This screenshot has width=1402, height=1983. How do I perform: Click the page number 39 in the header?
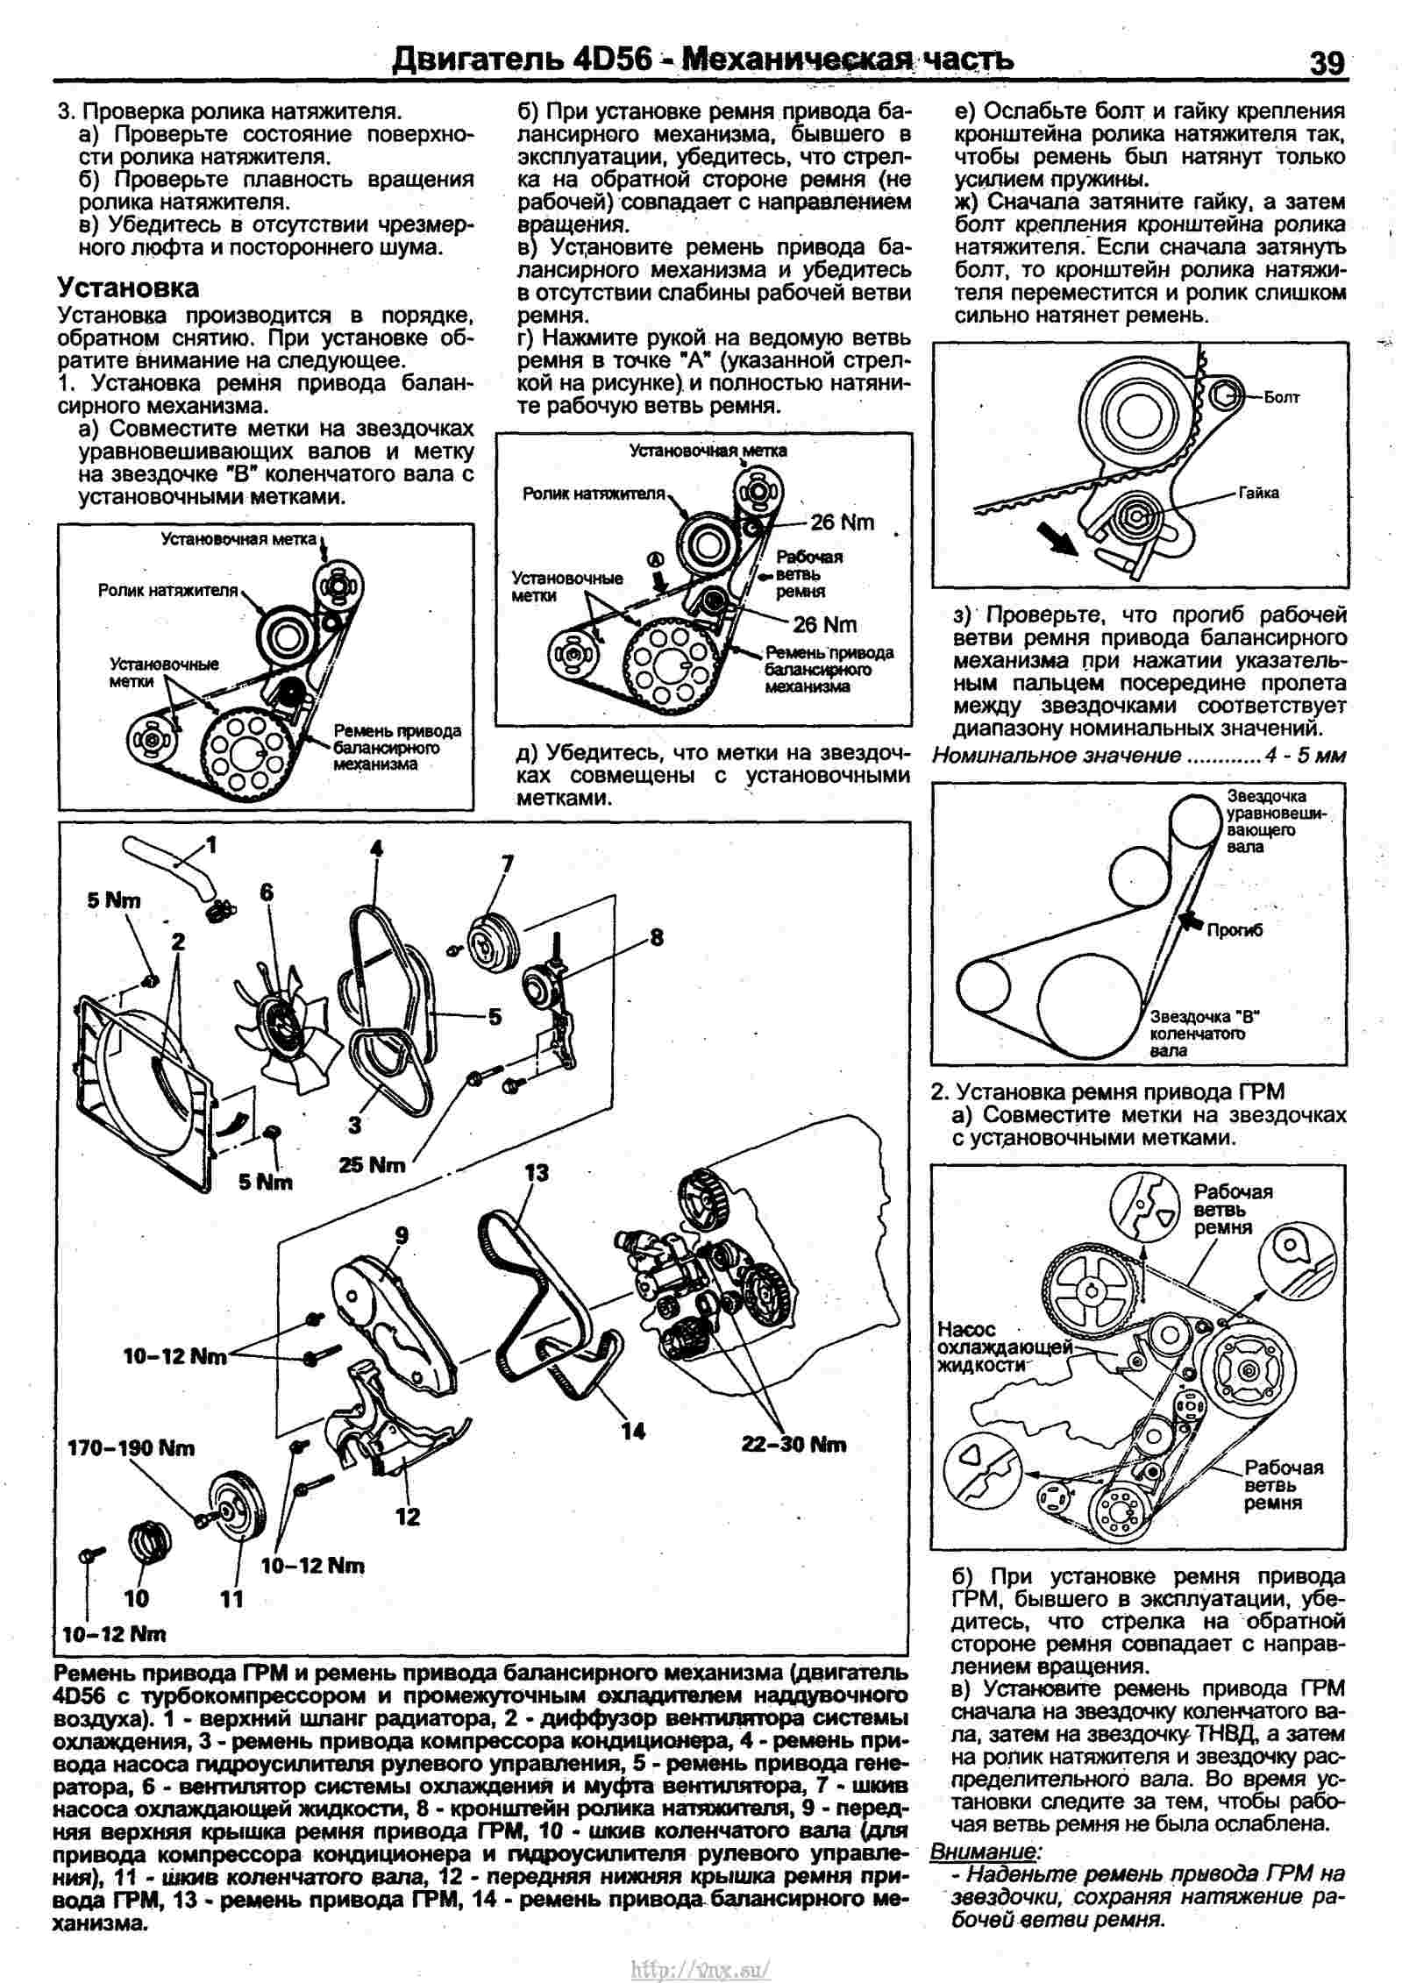1326,62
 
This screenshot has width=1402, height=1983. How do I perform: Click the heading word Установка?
128,288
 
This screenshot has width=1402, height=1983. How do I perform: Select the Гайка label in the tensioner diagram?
1258,494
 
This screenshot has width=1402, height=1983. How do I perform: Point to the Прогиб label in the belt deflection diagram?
1235,931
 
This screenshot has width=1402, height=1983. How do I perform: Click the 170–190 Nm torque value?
132,1448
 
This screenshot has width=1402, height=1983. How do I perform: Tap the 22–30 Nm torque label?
794,1445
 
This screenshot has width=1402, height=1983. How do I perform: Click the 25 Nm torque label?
372,1165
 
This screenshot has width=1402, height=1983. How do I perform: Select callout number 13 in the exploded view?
536,1172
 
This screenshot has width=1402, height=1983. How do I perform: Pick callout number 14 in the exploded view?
632,1431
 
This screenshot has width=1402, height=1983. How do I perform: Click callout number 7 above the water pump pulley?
507,864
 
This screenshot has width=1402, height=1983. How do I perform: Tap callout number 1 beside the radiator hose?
210,844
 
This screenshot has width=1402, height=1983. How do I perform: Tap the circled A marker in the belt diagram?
654,559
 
